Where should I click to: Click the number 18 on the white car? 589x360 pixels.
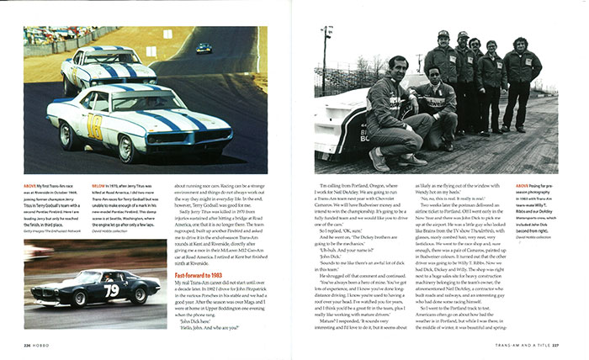(95, 127)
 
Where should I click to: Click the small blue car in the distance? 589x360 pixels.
(204, 48)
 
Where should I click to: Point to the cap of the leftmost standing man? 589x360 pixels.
(443, 34)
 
